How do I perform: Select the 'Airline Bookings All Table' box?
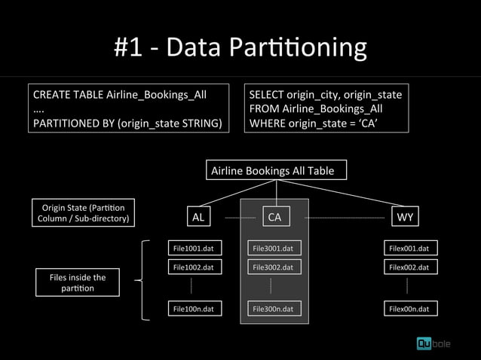pos(277,171)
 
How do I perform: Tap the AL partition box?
pos(198,218)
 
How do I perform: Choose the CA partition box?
pos(274,218)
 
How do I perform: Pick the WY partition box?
pos(406,218)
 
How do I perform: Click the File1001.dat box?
pos(194,248)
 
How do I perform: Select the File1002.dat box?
pos(194,267)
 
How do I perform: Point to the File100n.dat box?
pos(194,308)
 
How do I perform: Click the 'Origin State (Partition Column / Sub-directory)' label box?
pos(84,213)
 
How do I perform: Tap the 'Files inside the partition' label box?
pos(77,282)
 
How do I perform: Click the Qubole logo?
pos(434,343)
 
